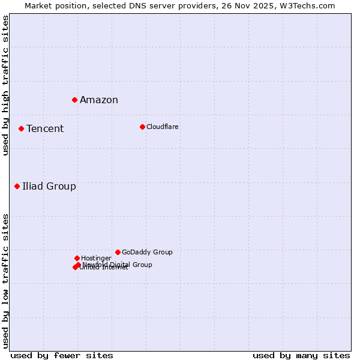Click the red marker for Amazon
tap(74, 100)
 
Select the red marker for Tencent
tap(21, 128)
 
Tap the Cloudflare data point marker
tap(142, 127)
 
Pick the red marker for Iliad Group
tap(17, 186)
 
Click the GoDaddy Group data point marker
tap(118, 252)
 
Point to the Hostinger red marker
tap(77, 258)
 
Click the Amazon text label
tap(99, 100)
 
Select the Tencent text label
tap(45, 129)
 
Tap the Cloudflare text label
tap(163, 127)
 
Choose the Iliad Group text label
tap(49, 187)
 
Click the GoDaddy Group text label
tap(147, 252)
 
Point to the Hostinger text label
tap(96, 258)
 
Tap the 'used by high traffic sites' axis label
tap(5, 85)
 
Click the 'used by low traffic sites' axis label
tap(5, 280)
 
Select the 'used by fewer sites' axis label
tap(62, 355)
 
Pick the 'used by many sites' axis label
tap(301, 355)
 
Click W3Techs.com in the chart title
tap(305, 5)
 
